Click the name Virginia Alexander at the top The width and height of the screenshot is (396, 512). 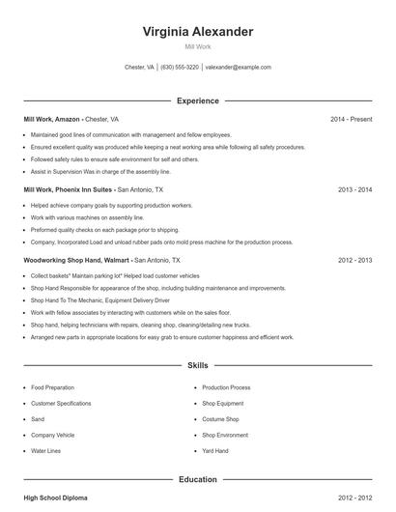[x=198, y=31]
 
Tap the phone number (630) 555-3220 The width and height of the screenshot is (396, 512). [x=180, y=68]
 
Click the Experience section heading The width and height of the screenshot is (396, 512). [x=198, y=100]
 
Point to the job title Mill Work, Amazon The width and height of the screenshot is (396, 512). [x=51, y=119]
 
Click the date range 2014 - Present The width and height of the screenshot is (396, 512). [x=351, y=119]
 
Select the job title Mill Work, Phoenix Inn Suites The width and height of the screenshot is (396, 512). [x=69, y=190]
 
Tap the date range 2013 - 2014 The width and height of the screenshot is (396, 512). [x=355, y=190]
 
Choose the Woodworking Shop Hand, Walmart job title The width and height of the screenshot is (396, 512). [x=77, y=261]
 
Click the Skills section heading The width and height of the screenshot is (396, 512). [x=198, y=367]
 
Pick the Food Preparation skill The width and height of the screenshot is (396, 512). [x=52, y=387]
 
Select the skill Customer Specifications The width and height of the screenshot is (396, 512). [x=62, y=403]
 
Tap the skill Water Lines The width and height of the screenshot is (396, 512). [x=45, y=450]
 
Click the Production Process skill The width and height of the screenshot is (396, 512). [x=227, y=387]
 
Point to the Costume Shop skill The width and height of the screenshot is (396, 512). [x=220, y=419]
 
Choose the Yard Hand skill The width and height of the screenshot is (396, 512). [x=215, y=450]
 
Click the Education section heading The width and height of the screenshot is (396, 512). [x=198, y=479]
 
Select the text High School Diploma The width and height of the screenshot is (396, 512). [x=56, y=498]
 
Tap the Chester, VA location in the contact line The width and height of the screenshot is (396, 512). [x=140, y=68]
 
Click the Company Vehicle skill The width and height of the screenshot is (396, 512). [x=52, y=435]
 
